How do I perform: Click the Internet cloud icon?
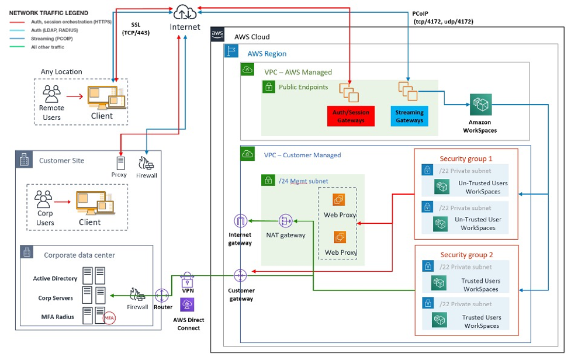[185, 11]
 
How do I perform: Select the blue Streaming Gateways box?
[409, 116]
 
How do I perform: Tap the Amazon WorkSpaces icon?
[480, 105]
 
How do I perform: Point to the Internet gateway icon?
[240, 221]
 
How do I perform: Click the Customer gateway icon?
[240, 275]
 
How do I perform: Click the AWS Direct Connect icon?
[188, 305]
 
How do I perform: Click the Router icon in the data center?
[162, 295]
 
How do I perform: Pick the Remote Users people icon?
[52, 94]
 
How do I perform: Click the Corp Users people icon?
[44, 200]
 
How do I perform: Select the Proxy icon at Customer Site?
[119, 163]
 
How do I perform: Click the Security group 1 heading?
[466, 158]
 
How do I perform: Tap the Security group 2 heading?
[466, 255]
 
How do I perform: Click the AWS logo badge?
[217, 34]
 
